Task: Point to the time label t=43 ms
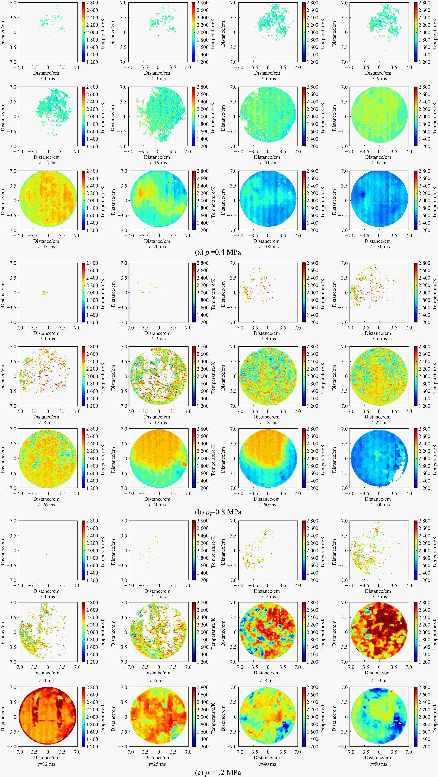click(x=47, y=247)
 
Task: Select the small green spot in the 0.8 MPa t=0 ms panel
click(x=44, y=293)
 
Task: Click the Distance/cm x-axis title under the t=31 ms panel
click(x=267, y=157)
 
